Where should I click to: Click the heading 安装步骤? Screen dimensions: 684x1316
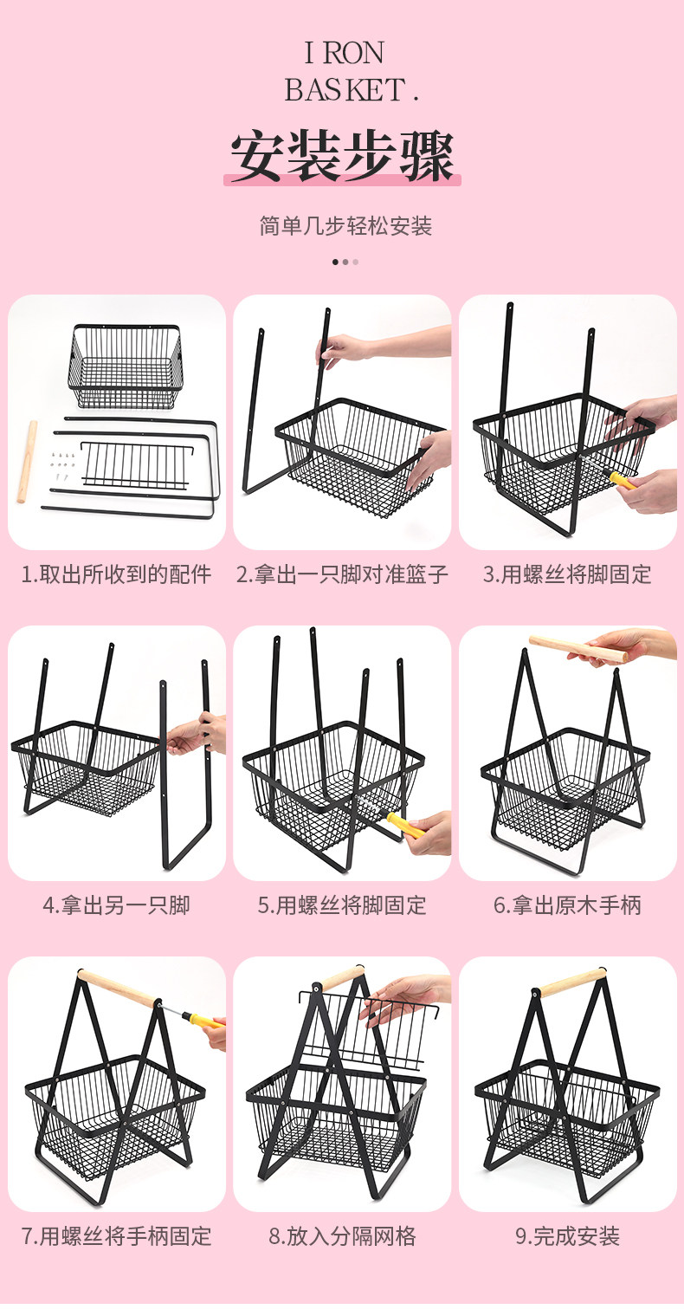(x=342, y=156)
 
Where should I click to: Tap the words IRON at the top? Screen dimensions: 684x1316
(x=344, y=54)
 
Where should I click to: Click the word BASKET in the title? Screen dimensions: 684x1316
(x=345, y=90)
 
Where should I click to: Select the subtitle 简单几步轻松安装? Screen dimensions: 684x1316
(x=345, y=226)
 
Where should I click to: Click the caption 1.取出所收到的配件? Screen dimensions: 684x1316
(x=116, y=574)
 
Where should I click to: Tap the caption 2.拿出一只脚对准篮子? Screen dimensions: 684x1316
(x=342, y=574)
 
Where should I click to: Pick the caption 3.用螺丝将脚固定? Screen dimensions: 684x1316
(x=567, y=574)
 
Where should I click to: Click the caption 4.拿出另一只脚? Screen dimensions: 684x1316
(x=116, y=905)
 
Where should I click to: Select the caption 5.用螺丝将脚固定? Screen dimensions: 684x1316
(x=342, y=905)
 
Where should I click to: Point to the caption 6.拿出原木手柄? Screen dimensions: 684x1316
(x=567, y=905)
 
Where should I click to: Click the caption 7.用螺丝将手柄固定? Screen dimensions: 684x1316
(x=116, y=1236)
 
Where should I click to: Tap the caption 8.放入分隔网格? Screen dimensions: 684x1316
(x=342, y=1236)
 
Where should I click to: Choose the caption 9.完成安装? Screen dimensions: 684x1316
(x=567, y=1236)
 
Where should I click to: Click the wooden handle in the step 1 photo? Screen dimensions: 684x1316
(x=27, y=462)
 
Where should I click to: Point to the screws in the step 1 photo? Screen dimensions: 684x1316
(x=64, y=464)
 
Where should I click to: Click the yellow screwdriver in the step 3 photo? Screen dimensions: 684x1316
(x=623, y=480)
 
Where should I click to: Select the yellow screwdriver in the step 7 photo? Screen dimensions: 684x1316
(x=202, y=1019)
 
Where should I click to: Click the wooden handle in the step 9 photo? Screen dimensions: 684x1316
(x=573, y=983)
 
